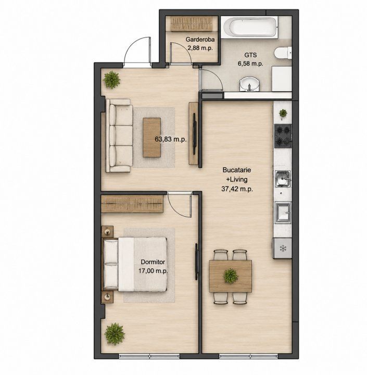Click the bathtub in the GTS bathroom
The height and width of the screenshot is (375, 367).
[x=249, y=27]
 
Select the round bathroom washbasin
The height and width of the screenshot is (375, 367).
[x=249, y=84]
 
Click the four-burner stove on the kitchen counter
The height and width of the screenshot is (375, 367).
[x=283, y=136]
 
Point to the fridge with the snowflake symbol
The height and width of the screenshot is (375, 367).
[x=283, y=248]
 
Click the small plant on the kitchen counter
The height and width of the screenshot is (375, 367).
[x=283, y=113]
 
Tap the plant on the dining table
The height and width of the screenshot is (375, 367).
[x=231, y=276]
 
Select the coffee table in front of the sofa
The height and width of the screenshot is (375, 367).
[x=152, y=137]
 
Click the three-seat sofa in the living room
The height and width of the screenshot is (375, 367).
[x=119, y=135]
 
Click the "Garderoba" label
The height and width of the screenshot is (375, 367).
[x=200, y=40]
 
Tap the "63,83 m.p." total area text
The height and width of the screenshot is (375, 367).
[x=170, y=139]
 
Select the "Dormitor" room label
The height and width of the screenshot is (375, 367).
[x=153, y=262]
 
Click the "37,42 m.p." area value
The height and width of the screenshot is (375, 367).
[x=237, y=189]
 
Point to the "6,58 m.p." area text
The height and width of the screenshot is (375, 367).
[x=250, y=64]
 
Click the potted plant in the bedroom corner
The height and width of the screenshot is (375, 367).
[x=115, y=334]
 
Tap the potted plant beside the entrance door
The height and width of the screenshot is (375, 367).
[x=111, y=80]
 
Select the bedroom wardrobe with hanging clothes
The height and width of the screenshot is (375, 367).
[x=132, y=204]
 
